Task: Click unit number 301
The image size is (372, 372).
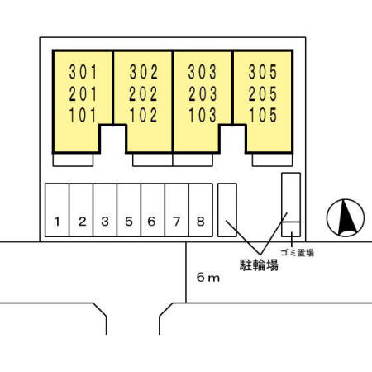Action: (83, 72)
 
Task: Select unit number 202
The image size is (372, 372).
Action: (143, 93)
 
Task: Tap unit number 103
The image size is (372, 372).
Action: (203, 115)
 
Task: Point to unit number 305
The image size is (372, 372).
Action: (263, 72)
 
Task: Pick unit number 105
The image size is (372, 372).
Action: (263, 115)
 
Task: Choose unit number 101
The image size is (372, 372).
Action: (83, 115)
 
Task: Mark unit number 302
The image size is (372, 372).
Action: (143, 72)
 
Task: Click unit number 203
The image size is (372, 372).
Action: (203, 93)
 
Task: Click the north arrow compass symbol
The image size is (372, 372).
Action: (346, 217)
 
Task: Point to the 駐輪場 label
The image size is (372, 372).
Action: (259, 265)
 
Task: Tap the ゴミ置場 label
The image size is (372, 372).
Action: (298, 253)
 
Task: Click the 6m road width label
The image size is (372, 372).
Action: (208, 278)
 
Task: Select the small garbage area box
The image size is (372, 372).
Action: (291, 229)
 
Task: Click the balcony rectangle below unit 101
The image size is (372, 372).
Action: (73, 160)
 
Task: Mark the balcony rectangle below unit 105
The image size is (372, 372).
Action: (272, 160)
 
